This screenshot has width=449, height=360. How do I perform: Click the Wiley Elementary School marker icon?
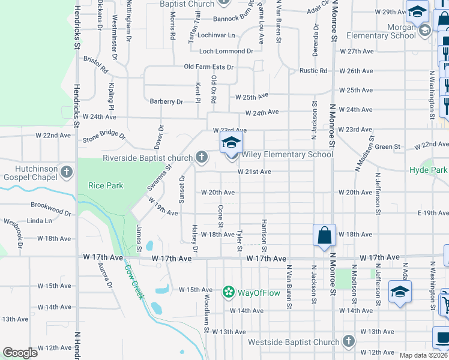click(231, 143)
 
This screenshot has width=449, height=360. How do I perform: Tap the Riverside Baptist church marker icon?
click(201, 158)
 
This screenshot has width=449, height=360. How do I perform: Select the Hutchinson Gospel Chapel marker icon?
click(67, 173)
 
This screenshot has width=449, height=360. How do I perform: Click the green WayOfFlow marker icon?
click(228, 292)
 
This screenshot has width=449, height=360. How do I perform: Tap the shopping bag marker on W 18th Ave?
click(324, 235)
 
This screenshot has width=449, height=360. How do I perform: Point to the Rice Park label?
click(106, 185)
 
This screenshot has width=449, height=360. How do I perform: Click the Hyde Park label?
click(429, 170)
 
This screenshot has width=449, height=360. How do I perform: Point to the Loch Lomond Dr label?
click(226, 52)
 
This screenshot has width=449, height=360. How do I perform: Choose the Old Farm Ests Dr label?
click(208, 67)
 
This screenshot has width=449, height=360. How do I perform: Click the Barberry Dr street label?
click(166, 102)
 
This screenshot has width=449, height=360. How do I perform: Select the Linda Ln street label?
click(39, 221)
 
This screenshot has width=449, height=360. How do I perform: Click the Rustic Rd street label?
click(313, 71)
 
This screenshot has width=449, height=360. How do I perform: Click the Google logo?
click(20, 353)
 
